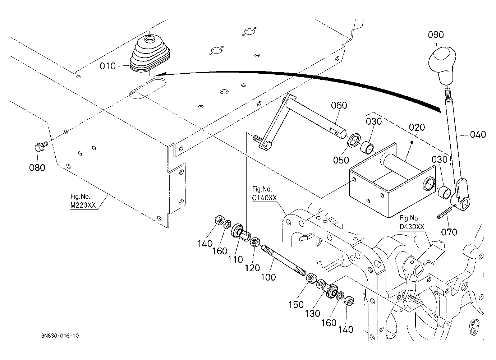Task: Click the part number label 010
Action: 107,66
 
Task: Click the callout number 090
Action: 436,35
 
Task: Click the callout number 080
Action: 37,167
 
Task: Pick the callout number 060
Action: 339,105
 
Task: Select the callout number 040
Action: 478,134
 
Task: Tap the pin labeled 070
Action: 443,213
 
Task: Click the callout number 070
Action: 449,232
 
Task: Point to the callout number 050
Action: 341,160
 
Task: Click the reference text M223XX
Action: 83,205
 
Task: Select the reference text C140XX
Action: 265,198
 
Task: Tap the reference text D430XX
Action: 412,227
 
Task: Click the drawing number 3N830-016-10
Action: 60,336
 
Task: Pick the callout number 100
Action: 268,277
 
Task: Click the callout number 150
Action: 296,305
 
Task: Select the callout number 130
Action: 313,314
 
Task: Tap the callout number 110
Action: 235,259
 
